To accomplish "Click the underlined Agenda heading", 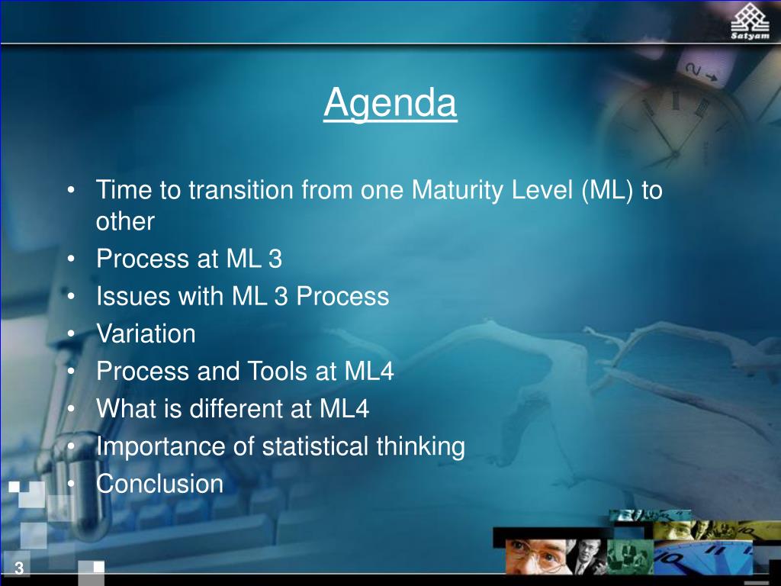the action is (390, 103).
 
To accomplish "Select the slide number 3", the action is (19, 568).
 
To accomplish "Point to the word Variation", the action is (146, 333).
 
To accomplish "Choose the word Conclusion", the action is (160, 484).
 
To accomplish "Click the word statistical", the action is (316, 446).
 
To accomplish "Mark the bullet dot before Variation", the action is (71, 333).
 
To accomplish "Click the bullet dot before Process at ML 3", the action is (71, 259).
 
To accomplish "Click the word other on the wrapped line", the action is (125, 221).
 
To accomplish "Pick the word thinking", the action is (420, 446).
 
